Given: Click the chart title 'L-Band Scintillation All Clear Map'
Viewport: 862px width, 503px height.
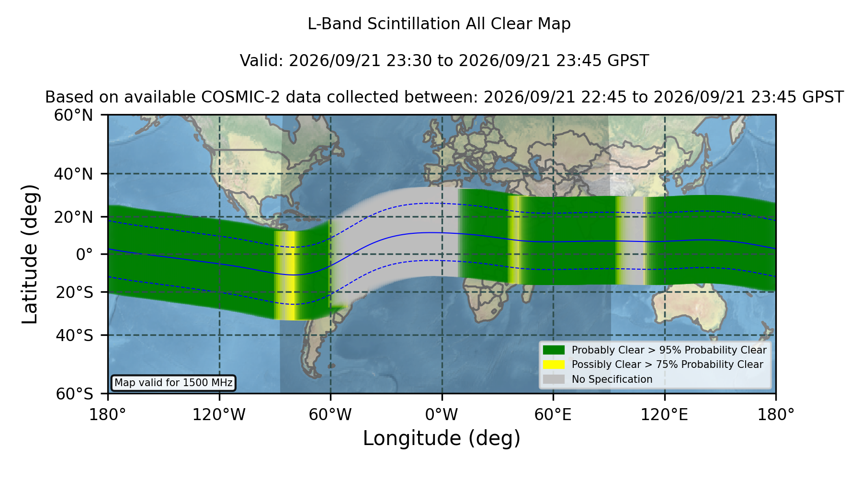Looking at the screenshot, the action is coord(439,24).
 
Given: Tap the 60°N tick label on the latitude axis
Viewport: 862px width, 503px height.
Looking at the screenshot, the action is coord(73,115).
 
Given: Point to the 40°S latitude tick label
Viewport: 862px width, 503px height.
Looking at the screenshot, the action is coord(74,335).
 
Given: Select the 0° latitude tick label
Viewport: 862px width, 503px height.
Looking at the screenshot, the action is coord(84,254).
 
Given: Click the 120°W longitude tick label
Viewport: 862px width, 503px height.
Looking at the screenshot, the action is coord(219,415).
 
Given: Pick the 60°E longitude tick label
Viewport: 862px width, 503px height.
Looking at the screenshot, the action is coord(553,415).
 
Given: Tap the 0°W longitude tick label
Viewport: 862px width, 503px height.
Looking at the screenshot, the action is coord(442,415).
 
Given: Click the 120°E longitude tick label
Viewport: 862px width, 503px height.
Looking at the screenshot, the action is coord(664,415).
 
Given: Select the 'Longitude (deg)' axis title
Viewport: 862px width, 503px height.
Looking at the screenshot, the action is coord(442,438).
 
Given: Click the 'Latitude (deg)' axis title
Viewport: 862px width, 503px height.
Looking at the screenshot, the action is coord(30,254).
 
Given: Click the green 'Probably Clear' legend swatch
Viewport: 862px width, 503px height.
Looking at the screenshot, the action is coord(554,350).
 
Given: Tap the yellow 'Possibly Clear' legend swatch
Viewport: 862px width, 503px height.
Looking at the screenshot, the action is coord(554,365).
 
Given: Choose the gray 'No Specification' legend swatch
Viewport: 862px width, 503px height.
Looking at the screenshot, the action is coord(554,379).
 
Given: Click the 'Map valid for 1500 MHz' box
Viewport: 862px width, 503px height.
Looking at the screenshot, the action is coord(173,383).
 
